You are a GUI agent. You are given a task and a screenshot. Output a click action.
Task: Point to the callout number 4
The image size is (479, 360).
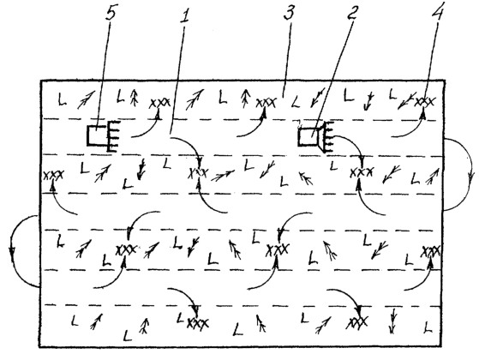(x=438, y=12)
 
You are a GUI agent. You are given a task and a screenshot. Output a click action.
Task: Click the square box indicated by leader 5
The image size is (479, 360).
(x=97, y=135)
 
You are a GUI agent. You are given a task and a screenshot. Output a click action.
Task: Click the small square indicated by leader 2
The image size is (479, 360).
(x=308, y=137)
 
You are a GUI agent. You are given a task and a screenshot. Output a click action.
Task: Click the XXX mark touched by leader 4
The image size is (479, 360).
(x=424, y=102)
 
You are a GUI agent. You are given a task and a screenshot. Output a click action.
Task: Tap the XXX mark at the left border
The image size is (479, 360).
(x=53, y=176)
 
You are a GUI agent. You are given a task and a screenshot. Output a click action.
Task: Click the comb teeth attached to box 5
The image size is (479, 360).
(x=113, y=136)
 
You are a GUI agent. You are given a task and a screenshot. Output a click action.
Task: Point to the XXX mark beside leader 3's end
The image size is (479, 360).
(x=266, y=103)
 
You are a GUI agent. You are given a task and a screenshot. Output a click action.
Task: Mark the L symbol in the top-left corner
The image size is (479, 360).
(x=63, y=99)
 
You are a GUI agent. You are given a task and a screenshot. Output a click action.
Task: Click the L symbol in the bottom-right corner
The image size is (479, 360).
(x=428, y=327)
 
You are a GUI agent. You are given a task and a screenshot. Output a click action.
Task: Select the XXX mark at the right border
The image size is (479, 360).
(x=431, y=252)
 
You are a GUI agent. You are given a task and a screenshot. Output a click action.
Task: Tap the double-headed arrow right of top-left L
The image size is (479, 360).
(x=85, y=99)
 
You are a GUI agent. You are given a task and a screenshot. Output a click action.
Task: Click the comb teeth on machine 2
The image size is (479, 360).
(x=327, y=137)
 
